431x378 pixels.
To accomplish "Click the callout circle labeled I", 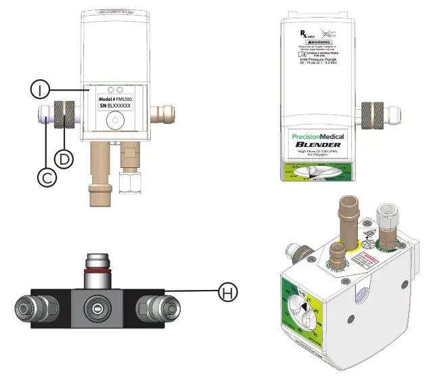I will point(40,89).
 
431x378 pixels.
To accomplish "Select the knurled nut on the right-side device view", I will point(374,112).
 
